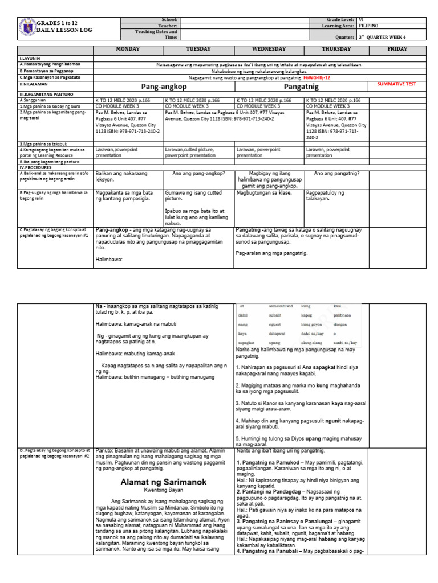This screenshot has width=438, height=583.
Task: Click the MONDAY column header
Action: [x=127, y=50]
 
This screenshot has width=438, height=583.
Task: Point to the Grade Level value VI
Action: [x=362, y=19]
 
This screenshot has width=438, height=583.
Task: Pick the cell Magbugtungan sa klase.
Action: [x=262, y=193]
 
